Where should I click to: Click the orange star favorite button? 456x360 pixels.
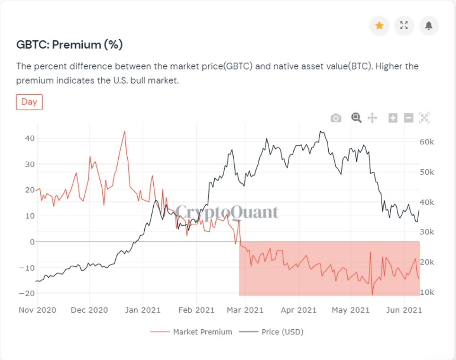(379, 26)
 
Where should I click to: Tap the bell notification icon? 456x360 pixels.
(429, 26)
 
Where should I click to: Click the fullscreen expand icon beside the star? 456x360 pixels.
(404, 26)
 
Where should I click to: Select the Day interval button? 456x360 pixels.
(29, 102)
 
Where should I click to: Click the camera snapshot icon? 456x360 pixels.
(336, 118)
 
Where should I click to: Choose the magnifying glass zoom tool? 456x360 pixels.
(356, 118)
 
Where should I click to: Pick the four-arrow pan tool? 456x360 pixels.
(372, 118)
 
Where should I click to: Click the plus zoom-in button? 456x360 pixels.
(393, 118)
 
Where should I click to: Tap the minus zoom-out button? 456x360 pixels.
(409, 118)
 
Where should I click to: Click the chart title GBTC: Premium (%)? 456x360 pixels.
(70, 45)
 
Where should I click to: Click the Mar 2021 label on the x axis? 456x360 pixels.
(246, 310)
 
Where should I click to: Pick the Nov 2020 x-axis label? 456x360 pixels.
(37, 310)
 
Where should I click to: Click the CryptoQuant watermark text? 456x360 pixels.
(227, 212)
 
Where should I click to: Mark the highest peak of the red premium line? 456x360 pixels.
(124, 132)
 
